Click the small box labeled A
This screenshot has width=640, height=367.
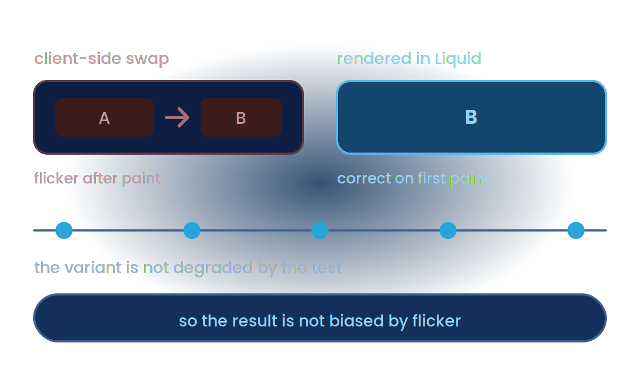(x=105, y=117)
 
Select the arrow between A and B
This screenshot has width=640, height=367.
(x=177, y=117)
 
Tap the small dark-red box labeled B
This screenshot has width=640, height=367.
(x=241, y=117)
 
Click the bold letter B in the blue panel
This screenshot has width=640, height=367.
(x=471, y=117)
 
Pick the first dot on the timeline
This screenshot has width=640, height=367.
(x=64, y=230)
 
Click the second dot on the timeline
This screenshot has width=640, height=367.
(x=192, y=230)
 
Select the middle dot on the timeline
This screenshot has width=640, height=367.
(x=320, y=230)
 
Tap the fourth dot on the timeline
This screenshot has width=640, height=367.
(x=448, y=230)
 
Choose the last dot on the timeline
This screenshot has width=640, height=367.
(x=576, y=230)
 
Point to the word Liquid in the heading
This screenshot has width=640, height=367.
(x=458, y=59)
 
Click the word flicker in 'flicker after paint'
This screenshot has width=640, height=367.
(x=57, y=178)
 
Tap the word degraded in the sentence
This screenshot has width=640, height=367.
(x=213, y=268)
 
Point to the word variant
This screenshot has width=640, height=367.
(x=93, y=268)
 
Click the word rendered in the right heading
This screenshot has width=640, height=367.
(x=374, y=59)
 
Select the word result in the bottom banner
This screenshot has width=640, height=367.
(x=254, y=321)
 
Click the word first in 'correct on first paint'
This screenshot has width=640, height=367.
(x=431, y=178)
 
